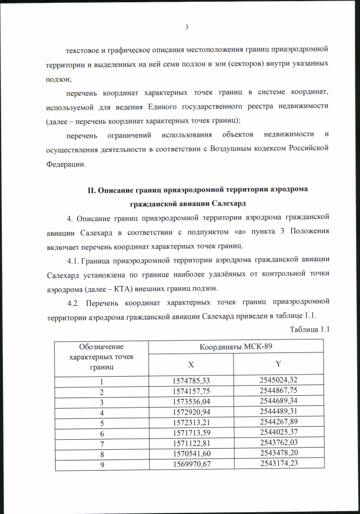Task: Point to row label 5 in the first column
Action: [x=102, y=423]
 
